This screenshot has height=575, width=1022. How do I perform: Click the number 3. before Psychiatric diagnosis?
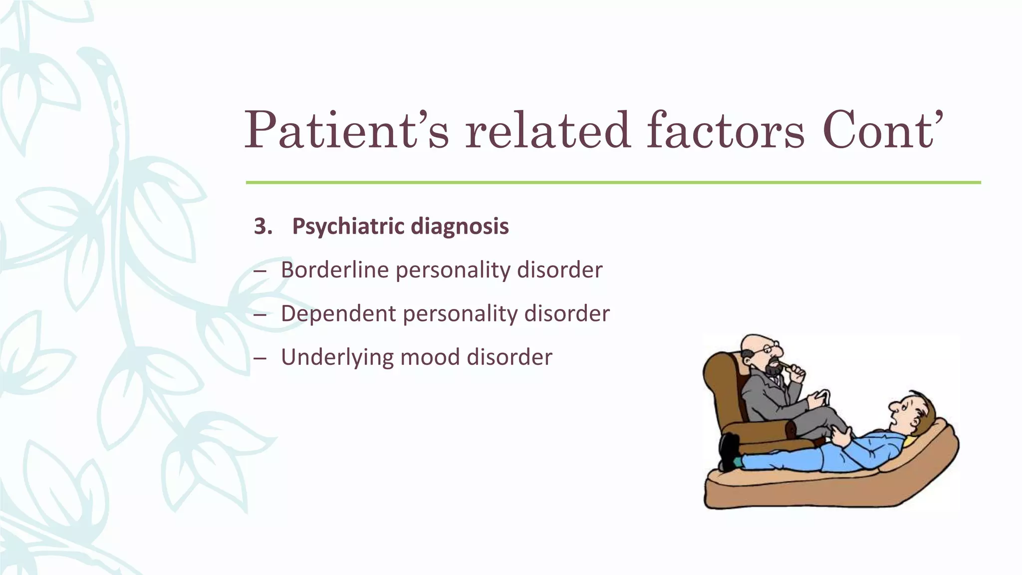point(263,227)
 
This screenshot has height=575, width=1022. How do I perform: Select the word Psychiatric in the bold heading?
point(348,227)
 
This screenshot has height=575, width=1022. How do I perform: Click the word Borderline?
point(334,270)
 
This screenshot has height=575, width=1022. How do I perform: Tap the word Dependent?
point(338,314)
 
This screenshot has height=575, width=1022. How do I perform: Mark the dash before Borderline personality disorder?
point(260,271)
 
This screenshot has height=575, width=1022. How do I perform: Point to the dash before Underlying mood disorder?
point(260,358)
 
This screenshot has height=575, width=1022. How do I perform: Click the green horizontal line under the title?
point(613,183)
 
